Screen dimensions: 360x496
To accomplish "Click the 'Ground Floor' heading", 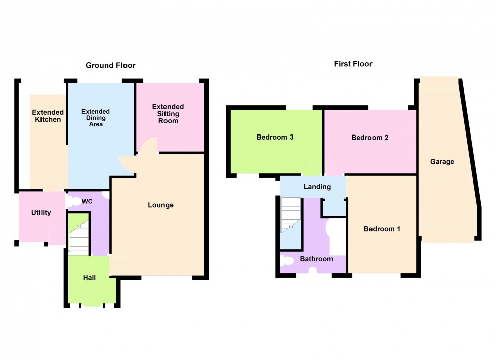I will [x=110, y=65].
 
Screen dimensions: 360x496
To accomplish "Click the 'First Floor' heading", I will [x=353, y=64].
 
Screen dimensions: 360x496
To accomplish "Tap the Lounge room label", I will [x=160, y=205].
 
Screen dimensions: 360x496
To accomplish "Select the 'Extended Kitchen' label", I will [x=48, y=116].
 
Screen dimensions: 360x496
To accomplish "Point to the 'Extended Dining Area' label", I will [x=96, y=118].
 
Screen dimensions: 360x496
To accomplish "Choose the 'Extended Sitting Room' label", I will [x=168, y=114].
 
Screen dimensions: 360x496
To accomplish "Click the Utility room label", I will [x=41, y=213].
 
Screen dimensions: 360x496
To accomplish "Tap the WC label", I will [x=87, y=201].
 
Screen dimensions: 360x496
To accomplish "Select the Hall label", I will [x=89, y=277].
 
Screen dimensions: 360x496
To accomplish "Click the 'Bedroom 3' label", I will [x=275, y=137].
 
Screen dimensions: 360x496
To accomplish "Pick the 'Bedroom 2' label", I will [x=370, y=137].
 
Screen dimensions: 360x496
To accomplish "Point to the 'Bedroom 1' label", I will [x=382, y=229].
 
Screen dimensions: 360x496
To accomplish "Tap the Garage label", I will [x=442, y=162].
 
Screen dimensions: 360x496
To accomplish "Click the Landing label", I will [x=317, y=187].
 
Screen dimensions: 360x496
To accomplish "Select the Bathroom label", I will [x=316, y=259].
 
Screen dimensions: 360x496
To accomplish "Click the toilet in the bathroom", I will [x=287, y=261].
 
